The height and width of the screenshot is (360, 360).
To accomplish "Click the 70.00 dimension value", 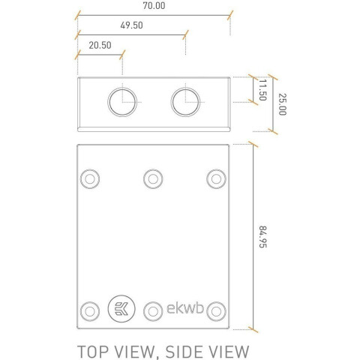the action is point(154,6).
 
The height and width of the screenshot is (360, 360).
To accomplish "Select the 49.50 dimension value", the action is point(131,25).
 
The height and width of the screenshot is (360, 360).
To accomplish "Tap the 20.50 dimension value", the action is point(100,45).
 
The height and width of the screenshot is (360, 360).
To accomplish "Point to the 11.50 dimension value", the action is point(262,90).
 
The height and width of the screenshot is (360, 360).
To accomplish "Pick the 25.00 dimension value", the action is point(282,104).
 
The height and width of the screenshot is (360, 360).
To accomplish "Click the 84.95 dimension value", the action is point(262,237).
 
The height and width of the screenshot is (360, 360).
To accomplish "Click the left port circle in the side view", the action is point(122,102).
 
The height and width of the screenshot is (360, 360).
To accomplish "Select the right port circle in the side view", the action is point(185,102).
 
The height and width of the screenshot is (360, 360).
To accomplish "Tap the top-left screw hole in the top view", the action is point(90,179).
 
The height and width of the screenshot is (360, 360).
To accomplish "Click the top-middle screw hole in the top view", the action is point(153,179).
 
